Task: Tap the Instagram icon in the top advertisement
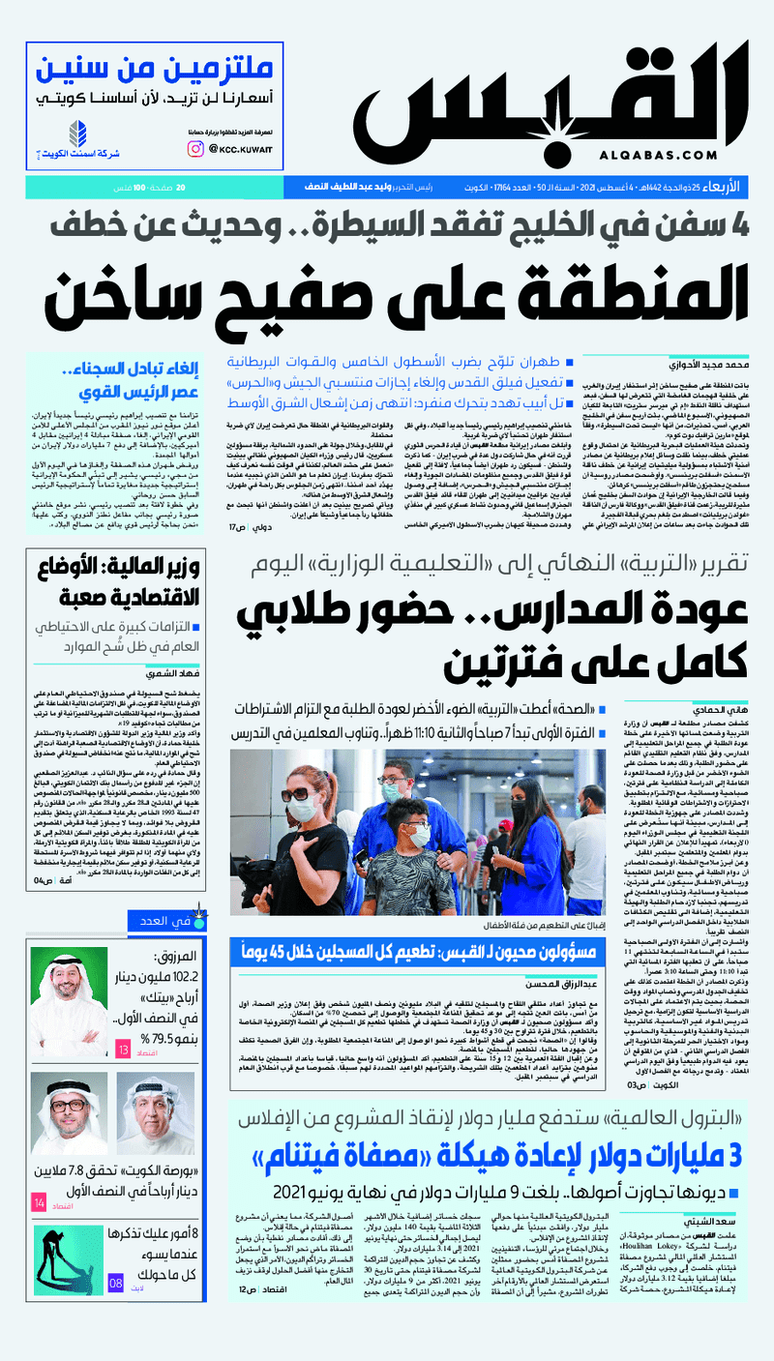pyautogui.click(x=195, y=148)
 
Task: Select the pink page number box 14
pyautogui.click(x=39, y=1203)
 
